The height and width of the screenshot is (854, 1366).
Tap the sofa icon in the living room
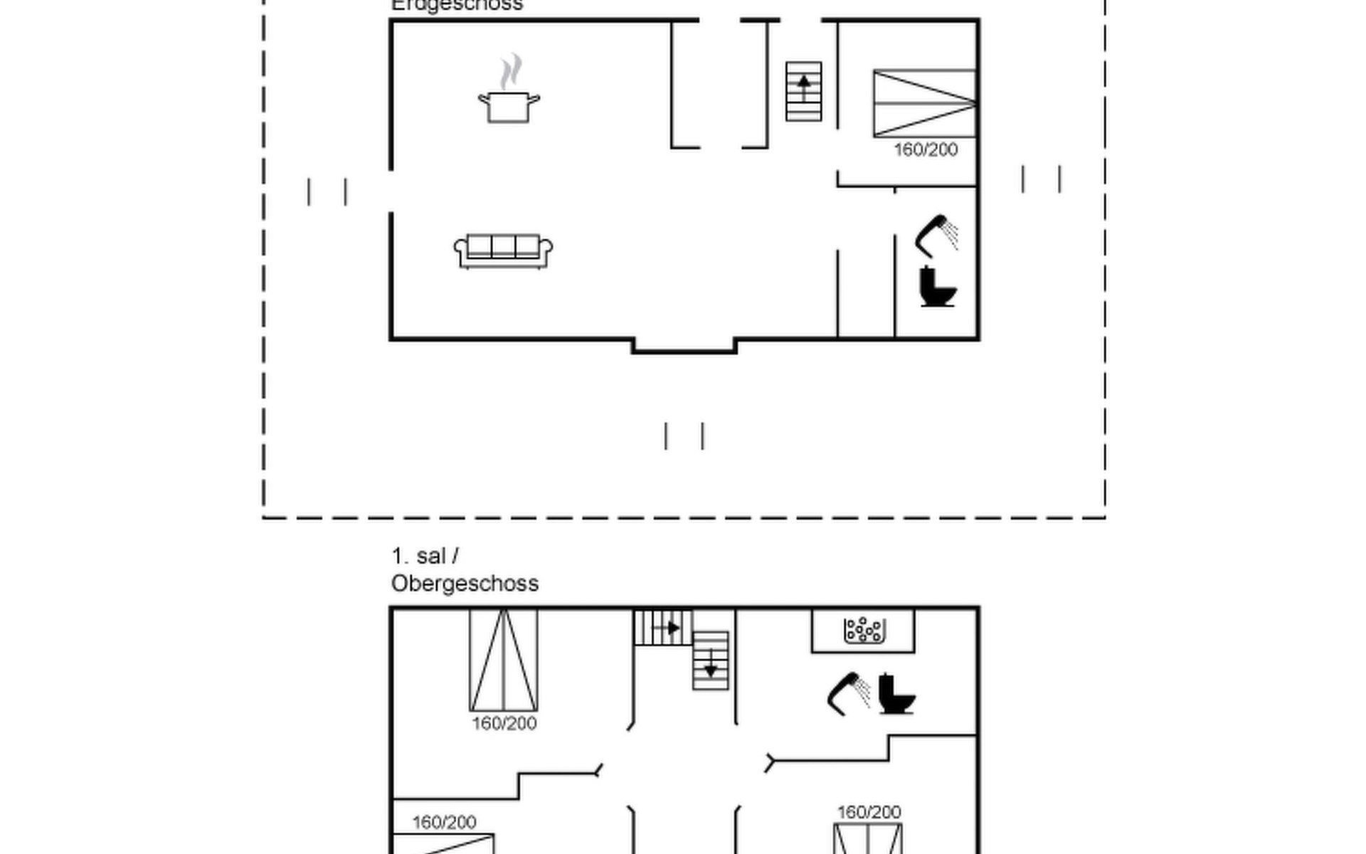pyautogui.click(x=503, y=251)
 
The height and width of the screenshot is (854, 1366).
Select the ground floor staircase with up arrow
pyautogui.click(x=803, y=91)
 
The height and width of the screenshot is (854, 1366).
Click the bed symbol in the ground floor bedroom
pyautogui.click(x=923, y=103)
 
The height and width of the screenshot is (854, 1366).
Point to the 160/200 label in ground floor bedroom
pyautogui.click(x=926, y=149)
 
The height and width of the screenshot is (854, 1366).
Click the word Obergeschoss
pyautogui.click(x=465, y=584)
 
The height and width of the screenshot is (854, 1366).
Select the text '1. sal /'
pyautogui.click(x=425, y=556)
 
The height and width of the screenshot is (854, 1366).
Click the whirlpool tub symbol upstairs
pyautogui.click(x=864, y=631)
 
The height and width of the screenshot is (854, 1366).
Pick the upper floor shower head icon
pyautogui.click(x=849, y=692)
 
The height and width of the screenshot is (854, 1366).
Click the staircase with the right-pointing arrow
pyautogui.click(x=662, y=628)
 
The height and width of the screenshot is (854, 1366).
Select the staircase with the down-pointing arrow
pyautogui.click(x=710, y=660)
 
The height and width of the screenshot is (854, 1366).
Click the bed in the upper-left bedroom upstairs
pyautogui.click(x=503, y=660)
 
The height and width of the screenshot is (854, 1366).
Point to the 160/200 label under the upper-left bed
pyautogui.click(x=504, y=724)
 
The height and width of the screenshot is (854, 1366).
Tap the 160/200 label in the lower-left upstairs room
pyautogui.click(x=444, y=823)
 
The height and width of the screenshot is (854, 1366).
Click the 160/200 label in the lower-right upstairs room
pyautogui.click(x=869, y=812)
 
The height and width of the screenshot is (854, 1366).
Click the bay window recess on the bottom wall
pyautogui.click(x=684, y=346)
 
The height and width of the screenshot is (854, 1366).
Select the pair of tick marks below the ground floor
pyautogui.click(x=684, y=436)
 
